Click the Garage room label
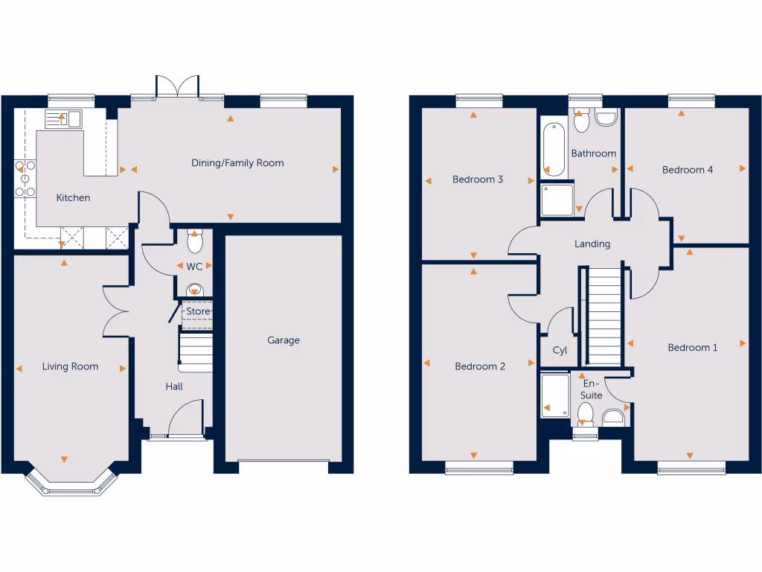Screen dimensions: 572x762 [284, 340]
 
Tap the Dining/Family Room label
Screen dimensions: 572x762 [237, 163]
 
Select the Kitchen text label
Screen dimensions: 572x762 [74, 198]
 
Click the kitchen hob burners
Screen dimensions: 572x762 [24, 179]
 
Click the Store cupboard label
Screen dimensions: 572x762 [198, 311]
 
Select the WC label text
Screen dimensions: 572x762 [194, 267]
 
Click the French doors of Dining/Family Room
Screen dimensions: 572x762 [177, 86]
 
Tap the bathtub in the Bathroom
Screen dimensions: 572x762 [554, 149]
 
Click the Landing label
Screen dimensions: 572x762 [592, 244]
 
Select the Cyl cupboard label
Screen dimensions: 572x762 [560, 351]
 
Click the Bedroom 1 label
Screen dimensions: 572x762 [693, 348]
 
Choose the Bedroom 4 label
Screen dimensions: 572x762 [688, 170]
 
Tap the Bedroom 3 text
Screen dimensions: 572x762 [478, 179]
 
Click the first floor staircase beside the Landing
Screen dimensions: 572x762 [603, 316]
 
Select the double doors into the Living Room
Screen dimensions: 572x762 [118, 310]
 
